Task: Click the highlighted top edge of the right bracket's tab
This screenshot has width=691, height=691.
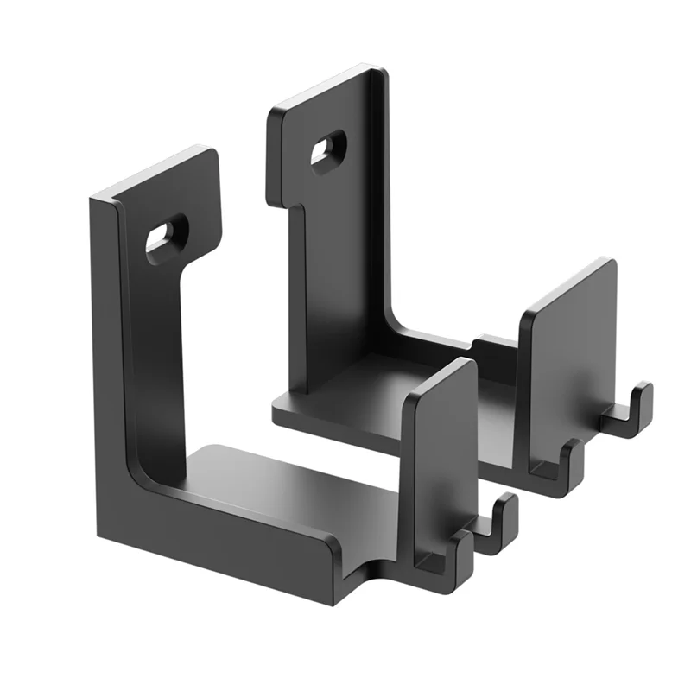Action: [x=324, y=86]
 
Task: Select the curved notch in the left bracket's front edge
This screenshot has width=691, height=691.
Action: [x=371, y=570]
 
